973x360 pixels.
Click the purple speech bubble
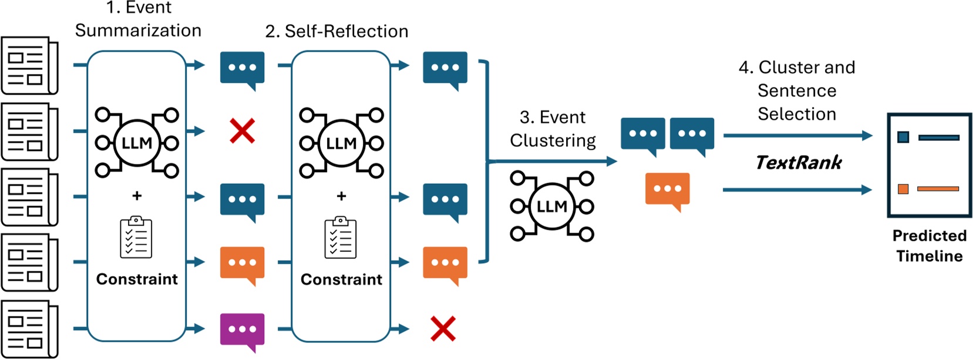242,329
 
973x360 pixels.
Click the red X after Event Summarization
242,131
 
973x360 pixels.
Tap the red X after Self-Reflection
443,329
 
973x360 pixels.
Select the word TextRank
799,162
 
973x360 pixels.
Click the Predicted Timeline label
929,245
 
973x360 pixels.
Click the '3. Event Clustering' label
553,129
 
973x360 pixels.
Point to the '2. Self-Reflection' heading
336,31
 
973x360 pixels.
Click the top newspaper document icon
29,65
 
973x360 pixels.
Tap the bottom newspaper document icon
29,329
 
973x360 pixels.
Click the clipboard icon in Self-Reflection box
341,238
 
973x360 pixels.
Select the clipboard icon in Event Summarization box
136,238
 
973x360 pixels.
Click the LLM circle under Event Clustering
552,206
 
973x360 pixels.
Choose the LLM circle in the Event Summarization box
137,143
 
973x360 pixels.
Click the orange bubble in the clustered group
667,189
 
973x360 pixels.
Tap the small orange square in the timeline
903,189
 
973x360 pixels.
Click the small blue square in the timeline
903,137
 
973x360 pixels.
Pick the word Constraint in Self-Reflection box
341,280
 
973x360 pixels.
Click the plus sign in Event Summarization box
137,196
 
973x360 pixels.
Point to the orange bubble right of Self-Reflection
445,263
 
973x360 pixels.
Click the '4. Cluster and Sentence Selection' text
797,90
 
